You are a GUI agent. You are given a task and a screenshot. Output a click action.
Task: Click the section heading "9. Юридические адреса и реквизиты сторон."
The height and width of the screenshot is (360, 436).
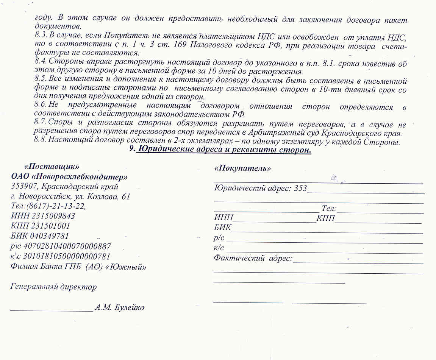coord(220,150)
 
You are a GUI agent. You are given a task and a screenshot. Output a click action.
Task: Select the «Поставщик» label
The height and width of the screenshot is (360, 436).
coord(52,167)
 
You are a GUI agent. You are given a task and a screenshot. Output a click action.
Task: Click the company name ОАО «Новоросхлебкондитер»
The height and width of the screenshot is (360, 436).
coord(69,177)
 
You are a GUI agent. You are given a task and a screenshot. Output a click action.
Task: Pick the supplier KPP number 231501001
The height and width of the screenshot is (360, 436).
coord(49,226)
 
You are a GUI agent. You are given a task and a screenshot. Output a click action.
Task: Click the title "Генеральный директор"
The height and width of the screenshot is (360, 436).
coord(53,287)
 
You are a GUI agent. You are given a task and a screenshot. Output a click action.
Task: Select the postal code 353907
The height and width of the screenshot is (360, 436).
coord(23,187)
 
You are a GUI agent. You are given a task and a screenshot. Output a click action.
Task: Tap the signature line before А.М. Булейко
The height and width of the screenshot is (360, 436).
coord(52,310)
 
